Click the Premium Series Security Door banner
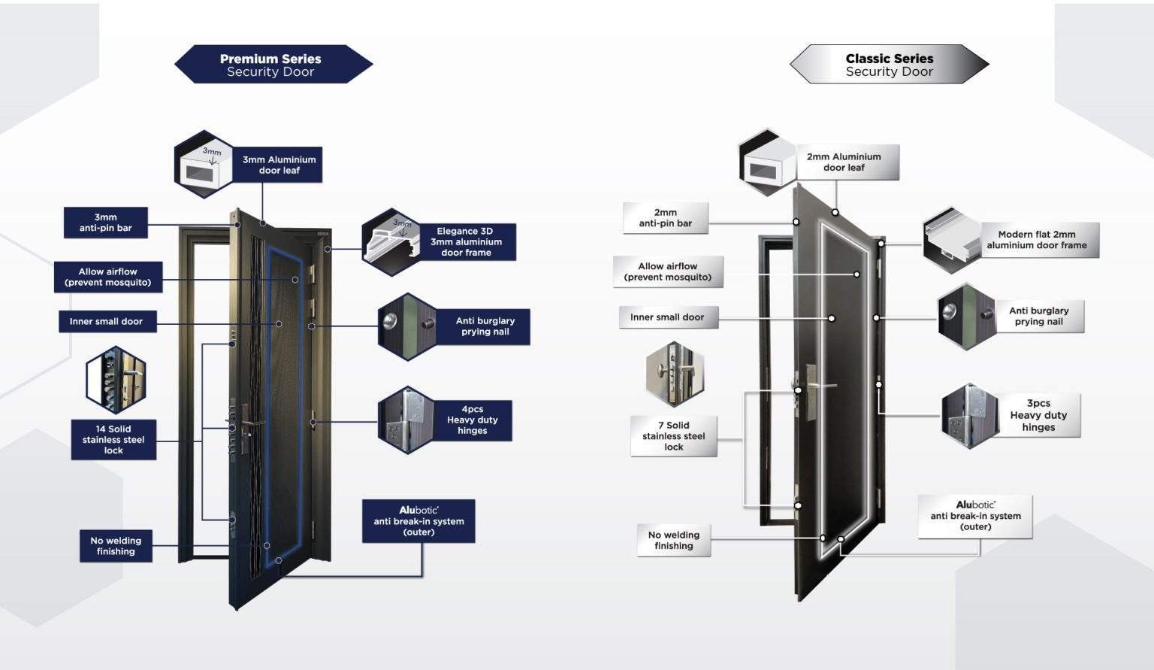[272, 65]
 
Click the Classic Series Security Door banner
[889, 65]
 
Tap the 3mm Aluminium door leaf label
[279, 165]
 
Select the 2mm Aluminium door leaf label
[844, 162]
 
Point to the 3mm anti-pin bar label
[106, 223]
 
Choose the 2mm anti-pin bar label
[665, 218]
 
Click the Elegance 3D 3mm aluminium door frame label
[466, 242]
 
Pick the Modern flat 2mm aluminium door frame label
[1037, 240]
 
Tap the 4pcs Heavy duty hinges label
[472, 420]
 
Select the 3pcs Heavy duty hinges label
[1038, 415]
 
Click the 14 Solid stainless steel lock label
[113, 440]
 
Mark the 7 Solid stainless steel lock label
[674, 436]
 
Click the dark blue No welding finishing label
[116, 546]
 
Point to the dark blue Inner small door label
[107, 322]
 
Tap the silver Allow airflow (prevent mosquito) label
[668, 271]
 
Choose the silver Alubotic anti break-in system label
[975, 517]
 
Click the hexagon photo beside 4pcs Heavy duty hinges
[406, 420]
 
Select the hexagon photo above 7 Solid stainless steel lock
[675, 374]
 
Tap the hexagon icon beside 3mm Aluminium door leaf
[204, 165]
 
